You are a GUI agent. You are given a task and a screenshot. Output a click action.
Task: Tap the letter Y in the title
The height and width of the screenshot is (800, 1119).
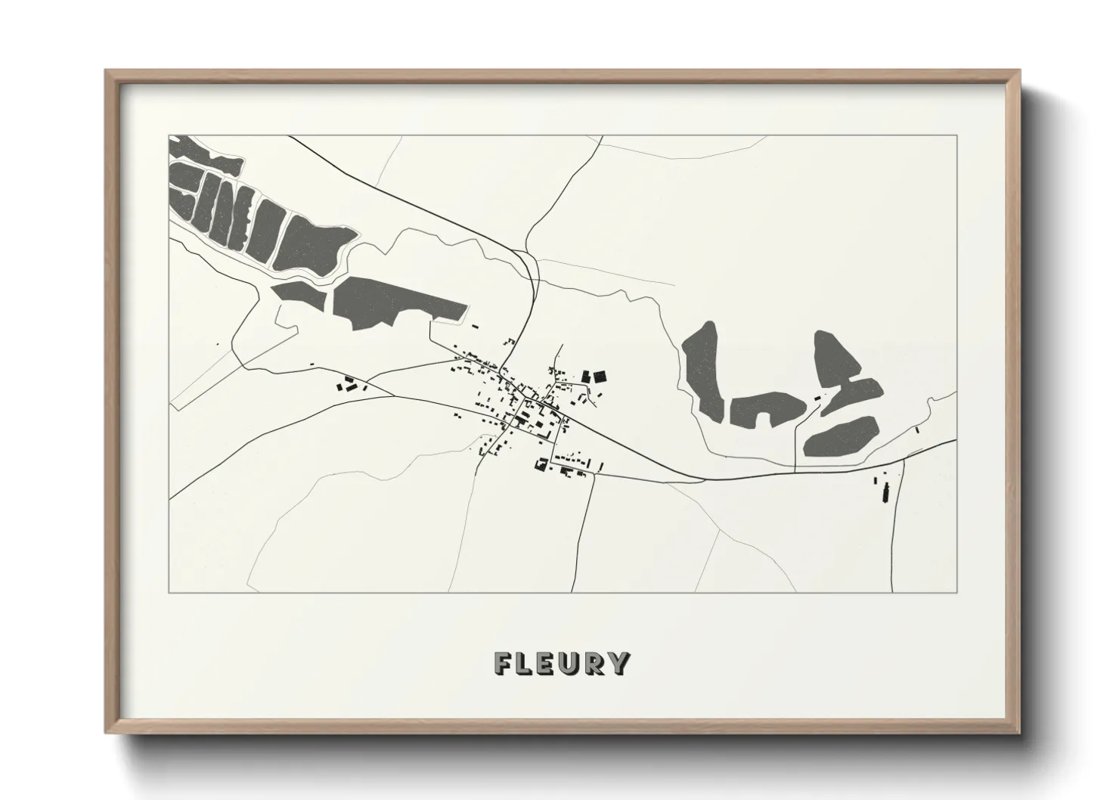pos(618,663)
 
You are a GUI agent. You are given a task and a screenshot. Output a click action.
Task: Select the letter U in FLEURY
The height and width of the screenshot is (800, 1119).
pos(571,663)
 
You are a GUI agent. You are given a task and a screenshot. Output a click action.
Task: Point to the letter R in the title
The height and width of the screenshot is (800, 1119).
pos(594,663)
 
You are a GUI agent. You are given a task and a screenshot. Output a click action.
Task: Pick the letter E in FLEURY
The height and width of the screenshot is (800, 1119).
pos(547,663)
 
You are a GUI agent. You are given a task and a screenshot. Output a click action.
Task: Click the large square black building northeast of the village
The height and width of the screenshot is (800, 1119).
pos(600,377)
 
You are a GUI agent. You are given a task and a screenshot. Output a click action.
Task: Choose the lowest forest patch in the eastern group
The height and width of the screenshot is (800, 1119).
pos(839,438)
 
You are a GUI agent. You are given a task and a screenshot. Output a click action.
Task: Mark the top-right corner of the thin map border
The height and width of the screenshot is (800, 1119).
pos(957,135)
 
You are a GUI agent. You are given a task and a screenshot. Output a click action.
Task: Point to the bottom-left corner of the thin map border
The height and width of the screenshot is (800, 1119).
pos(169,592)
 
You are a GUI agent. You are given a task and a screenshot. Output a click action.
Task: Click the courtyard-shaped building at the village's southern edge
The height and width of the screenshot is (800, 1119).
pos(541,464)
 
